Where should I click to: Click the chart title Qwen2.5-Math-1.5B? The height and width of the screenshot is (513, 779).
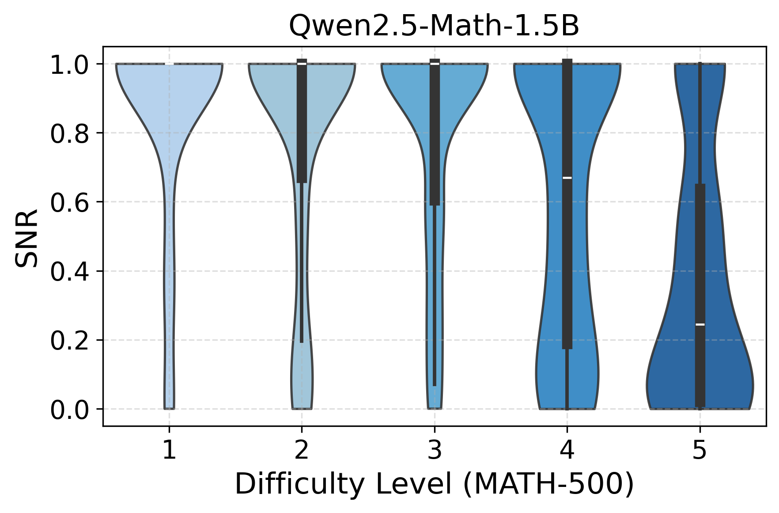(434, 27)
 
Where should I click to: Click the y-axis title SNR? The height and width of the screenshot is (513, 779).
(26, 239)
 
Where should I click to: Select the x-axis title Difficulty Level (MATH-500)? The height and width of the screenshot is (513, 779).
(434, 484)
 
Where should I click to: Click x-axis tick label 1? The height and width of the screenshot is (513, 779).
(169, 451)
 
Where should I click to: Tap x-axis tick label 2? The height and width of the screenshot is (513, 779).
(302, 451)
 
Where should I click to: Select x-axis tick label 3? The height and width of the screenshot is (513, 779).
(435, 451)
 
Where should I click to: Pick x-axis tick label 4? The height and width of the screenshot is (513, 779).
(567, 451)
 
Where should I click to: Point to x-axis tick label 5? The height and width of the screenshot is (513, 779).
(700, 451)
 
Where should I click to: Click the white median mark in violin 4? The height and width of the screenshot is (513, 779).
(567, 178)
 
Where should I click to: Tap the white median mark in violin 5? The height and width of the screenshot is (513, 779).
(700, 324)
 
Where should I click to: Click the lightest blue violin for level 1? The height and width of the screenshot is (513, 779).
(169, 102)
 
